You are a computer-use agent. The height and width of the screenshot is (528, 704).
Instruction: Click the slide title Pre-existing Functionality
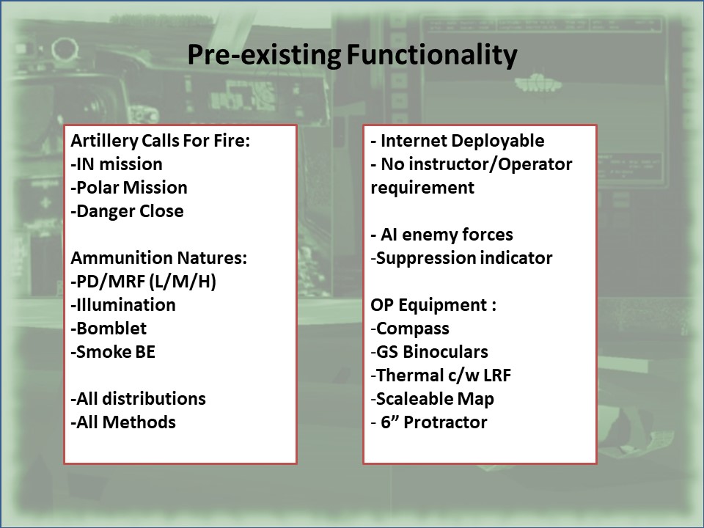point(352,56)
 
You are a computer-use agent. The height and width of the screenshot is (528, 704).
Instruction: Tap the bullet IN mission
point(117,164)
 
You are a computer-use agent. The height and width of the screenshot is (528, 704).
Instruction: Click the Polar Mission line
point(129,188)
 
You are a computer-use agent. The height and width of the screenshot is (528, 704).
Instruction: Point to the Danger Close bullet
point(127,211)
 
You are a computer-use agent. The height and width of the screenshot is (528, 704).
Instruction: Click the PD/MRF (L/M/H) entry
point(144,282)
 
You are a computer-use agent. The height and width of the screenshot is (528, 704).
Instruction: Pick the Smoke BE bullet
point(113,351)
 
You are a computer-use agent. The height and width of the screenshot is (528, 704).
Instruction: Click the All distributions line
point(139,399)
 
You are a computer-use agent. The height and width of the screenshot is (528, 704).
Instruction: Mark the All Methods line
point(123,422)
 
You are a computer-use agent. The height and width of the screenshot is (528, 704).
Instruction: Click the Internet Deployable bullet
point(458,141)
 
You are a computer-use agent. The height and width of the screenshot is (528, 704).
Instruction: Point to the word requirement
point(422,188)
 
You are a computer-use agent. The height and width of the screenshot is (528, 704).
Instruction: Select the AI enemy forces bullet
point(441,235)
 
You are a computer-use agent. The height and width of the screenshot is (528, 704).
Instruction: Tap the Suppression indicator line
point(461,258)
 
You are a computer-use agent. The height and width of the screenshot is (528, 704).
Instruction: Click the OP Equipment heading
point(433,305)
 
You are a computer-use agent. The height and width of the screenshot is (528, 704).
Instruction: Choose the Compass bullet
point(410,329)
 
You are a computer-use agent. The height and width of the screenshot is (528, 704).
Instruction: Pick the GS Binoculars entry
point(429,351)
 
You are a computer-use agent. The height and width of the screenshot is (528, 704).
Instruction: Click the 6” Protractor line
point(429,422)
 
